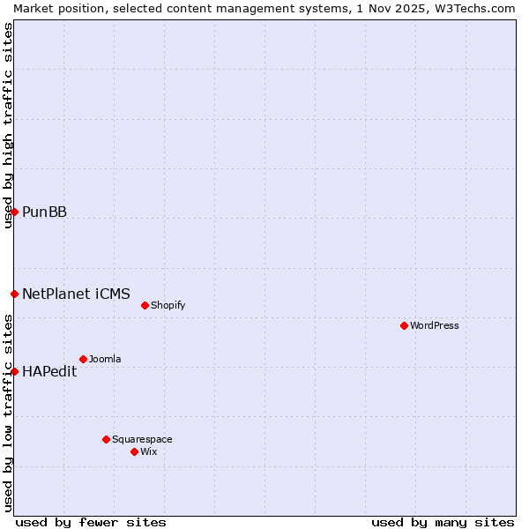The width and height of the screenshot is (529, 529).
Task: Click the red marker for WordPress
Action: click(x=404, y=325)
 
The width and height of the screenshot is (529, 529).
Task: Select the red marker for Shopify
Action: click(x=145, y=305)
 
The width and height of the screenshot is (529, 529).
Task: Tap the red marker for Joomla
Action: click(x=83, y=359)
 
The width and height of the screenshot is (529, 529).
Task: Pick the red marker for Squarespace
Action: click(x=106, y=439)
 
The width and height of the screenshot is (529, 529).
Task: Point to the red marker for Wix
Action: click(x=134, y=451)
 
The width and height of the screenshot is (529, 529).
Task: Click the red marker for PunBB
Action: click(x=14, y=212)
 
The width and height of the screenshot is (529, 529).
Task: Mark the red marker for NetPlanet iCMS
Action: click(x=14, y=294)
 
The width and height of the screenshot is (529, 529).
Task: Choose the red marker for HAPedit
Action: click(x=14, y=371)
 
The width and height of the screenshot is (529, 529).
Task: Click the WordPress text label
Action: click(x=435, y=325)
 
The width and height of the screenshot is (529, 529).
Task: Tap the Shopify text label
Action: click(x=168, y=305)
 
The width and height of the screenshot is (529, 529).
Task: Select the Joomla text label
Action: click(x=105, y=359)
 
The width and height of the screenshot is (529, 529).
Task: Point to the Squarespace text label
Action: click(x=142, y=439)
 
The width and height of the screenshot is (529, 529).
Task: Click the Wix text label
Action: click(x=148, y=451)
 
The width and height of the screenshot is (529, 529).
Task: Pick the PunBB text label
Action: click(x=44, y=212)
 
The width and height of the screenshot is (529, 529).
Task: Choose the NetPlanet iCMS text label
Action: click(x=76, y=294)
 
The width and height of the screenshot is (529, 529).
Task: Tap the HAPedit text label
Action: click(x=49, y=371)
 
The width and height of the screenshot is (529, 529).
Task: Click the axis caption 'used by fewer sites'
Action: click(x=91, y=522)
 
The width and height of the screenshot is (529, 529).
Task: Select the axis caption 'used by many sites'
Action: click(x=443, y=522)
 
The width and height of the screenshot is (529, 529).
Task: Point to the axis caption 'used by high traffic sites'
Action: click(x=8, y=126)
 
